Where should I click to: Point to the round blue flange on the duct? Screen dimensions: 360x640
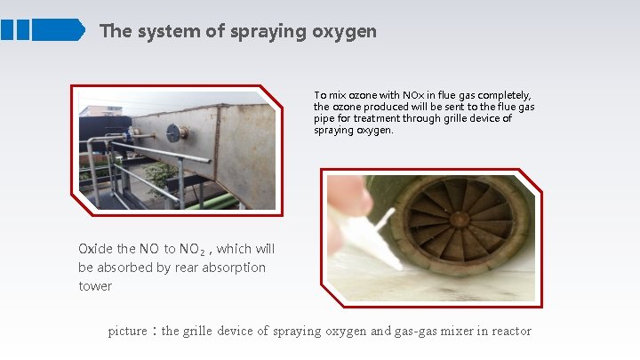[177, 133]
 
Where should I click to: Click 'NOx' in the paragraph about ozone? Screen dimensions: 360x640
[413, 95]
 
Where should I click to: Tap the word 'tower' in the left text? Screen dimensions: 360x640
[95, 285]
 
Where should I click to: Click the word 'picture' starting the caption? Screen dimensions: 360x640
[126, 332]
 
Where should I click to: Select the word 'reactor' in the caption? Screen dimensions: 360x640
[507, 332]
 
